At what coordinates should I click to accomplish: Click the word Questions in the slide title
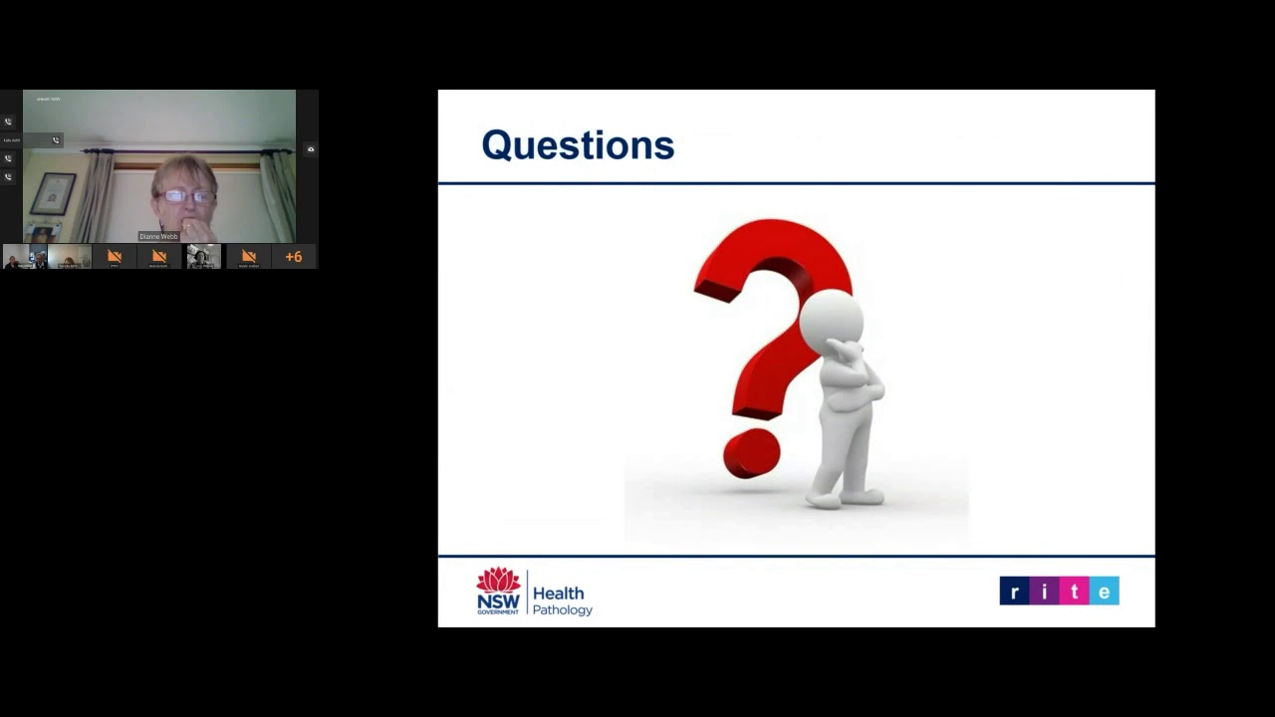[x=578, y=145]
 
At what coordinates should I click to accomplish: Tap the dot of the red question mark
[x=752, y=454]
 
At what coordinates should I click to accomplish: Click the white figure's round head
[x=831, y=320]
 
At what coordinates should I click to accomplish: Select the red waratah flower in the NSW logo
[x=498, y=580]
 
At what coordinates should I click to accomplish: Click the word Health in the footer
[x=559, y=594]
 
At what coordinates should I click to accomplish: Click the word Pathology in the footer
[x=563, y=609]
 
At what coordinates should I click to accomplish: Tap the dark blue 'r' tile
[x=1014, y=592]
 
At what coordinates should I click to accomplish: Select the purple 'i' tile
[x=1044, y=592]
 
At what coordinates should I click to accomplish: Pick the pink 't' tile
[x=1074, y=592]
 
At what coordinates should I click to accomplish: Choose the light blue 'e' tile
[x=1104, y=592]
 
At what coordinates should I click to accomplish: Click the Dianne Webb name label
[x=158, y=236]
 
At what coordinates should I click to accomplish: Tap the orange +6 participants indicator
[x=293, y=257]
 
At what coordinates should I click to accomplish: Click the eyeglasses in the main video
[x=185, y=196]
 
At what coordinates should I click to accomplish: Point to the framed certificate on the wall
[x=53, y=193]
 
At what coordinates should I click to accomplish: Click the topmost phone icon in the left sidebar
[x=8, y=121]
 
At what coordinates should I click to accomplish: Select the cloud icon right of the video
[x=311, y=149]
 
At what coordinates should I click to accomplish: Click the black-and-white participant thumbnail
[x=203, y=257]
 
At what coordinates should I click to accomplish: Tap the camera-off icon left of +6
[x=248, y=257]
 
